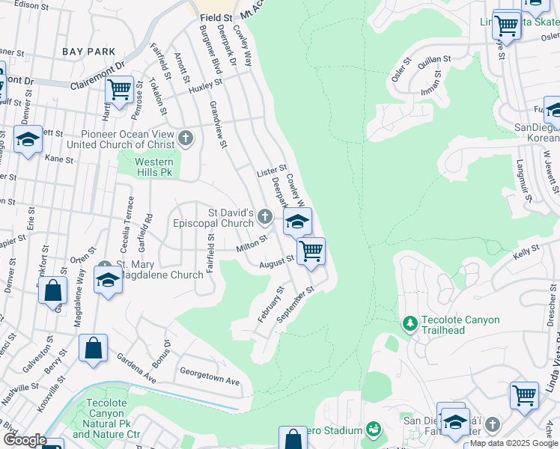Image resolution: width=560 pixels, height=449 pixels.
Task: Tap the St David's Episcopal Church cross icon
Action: [264, 217]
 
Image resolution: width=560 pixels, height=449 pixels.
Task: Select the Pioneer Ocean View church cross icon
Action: [186, 138]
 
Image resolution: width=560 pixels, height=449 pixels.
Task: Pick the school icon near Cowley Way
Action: [297, 222]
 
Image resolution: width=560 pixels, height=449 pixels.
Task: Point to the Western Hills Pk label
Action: [153, 167]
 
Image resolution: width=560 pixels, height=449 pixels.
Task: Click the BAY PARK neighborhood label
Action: [88, 52]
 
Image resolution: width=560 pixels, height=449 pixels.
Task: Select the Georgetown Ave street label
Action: [210, 376]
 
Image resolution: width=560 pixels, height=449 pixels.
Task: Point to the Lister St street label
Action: [272, 172]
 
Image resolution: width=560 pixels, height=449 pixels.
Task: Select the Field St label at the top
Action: [216, 14]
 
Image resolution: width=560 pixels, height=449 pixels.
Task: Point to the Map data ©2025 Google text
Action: [514, 443]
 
